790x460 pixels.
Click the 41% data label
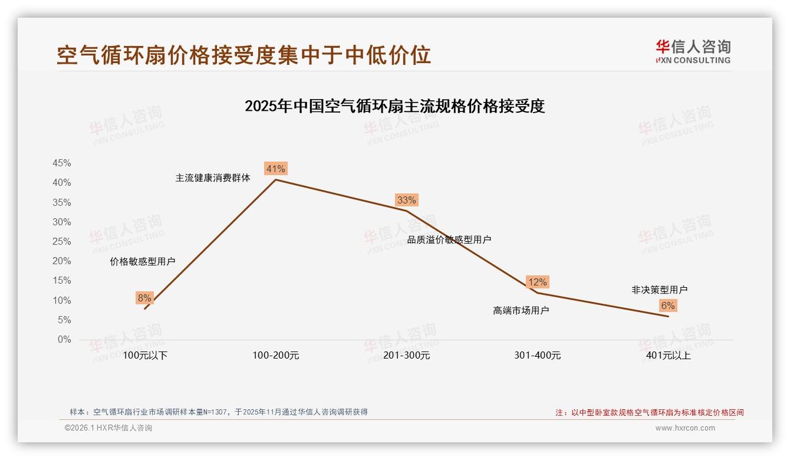[x=276, y=169]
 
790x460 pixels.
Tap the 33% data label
[x=407, y=200]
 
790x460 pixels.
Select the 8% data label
[x=144, y=298]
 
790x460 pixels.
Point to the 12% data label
[x=538, y=282]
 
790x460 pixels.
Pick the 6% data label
[x=668, y=305]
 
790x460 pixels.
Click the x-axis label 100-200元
[x=276, y=356]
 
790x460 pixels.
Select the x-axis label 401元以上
[x=668, y=356]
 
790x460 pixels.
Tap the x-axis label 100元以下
[x=145, y=356]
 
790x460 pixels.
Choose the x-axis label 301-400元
[x=537, y=356]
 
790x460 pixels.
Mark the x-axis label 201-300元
[x=407, y=356]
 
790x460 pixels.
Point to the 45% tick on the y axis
[x=62, y=163]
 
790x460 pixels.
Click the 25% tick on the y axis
[x=62, y=242]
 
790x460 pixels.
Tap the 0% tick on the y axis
[x=64, y=340]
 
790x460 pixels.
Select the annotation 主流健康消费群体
[x=213, y=178]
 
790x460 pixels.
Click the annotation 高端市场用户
[x=521, y=310]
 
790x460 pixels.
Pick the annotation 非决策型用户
[x=659, y=290]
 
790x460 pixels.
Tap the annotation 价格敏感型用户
[x=143, y=262]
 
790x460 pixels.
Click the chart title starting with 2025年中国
[x=394, y=106]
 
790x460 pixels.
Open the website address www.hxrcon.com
[x=685, y=428]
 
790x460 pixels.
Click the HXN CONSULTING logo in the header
[x=693, y=52]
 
